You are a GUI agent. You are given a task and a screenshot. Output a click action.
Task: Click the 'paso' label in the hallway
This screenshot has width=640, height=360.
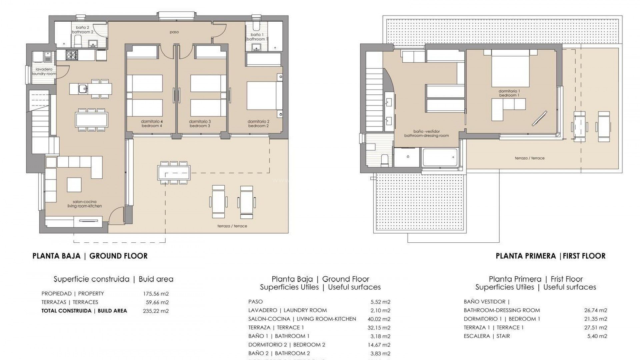(x=174, y=32)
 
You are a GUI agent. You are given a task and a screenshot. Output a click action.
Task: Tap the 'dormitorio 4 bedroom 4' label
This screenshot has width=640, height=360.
(x=152, y=124)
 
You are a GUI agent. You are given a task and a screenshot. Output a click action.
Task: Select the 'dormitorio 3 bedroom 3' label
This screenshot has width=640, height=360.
(x=200, y=124)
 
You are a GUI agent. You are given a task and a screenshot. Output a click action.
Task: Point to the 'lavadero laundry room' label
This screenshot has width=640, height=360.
(x=44, y=72)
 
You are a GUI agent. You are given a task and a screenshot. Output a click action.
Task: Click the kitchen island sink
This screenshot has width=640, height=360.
(x=83, y=89)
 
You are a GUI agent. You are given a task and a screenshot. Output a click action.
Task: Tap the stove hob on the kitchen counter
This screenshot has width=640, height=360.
(x=71, y=55)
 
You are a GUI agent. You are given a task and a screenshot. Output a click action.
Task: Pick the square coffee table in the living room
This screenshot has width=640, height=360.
(x=74, y=185)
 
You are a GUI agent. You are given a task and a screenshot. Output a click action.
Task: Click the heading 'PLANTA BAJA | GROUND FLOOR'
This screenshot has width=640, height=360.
(x=90, y=256)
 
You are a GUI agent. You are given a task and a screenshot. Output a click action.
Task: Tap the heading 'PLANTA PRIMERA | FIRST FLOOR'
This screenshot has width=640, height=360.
(x=550, y=256)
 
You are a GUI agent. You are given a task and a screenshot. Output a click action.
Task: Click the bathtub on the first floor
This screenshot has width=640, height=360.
(x=440, y=157)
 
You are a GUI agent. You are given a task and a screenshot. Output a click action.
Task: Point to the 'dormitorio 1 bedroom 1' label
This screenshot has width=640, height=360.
(x=509, y=93)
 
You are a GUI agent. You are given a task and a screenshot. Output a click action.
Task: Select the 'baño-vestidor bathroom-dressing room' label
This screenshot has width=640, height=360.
(x=426, y=133)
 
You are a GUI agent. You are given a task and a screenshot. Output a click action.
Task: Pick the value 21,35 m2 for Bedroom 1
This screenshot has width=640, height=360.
(x=596, y=319)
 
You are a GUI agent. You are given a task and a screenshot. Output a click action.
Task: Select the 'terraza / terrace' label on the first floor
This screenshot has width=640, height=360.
(x=529, y=158)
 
